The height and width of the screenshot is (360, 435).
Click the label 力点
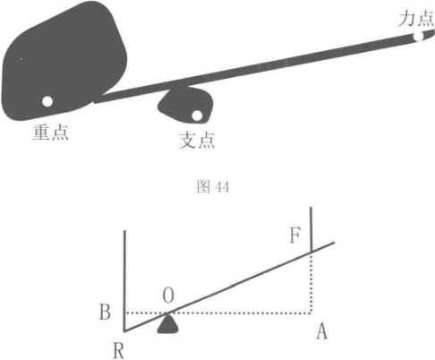[x=416, y=18]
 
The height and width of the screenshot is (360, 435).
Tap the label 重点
[x=51, y=132]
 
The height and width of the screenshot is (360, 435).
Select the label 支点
[x=197, y=140]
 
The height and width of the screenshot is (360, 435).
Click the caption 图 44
[x=213, y=187]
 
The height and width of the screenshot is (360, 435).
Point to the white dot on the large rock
[x=47, y=101]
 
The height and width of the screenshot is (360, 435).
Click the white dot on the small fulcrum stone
[x=197, y=116]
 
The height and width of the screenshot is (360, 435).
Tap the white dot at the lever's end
[x=418, y=37]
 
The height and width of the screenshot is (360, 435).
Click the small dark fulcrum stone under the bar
[x=185, y=105]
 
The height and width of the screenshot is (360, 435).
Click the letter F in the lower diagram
[x=295, y=236]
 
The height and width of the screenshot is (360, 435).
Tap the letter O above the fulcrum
[x=168, y=296]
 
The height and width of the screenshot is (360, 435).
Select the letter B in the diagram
[x=105, y=313]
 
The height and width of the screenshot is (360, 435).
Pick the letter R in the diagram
[x=118, y=350]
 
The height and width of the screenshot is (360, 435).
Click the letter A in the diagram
[x=321, y=331]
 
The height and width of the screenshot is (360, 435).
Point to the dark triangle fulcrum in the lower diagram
[x=168, y=323]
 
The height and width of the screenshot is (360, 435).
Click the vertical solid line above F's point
[x=311, y=229]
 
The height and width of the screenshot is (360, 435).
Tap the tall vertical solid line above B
[x=124, y=281]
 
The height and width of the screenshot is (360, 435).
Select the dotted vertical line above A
[x=311, y=283]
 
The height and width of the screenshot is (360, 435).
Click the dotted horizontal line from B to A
[x=218, y=313]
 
